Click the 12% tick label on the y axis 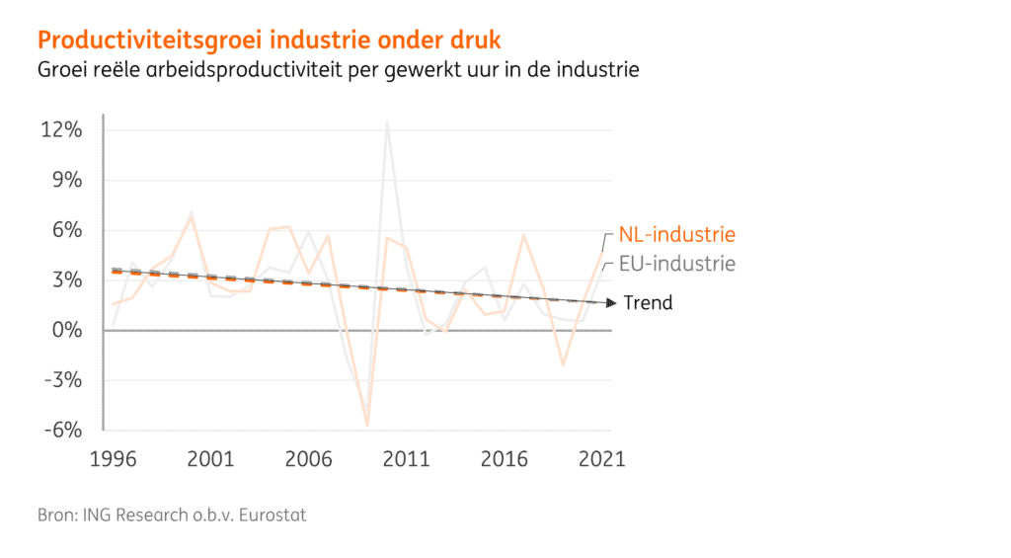(x=61, y=130)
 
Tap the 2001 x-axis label (x=210, y=459)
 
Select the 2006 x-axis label (x=308, y=459)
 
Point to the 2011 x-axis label (x=405, y=459)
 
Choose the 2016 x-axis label (x=503, y=459)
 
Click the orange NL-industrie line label (x=677, y=235)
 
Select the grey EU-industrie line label (x=676, y=265)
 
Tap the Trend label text (x=648, y=303)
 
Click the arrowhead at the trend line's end (x=611, y=303)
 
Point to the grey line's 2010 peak (x=386, y=123)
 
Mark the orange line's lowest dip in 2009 (x=367, y=426)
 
